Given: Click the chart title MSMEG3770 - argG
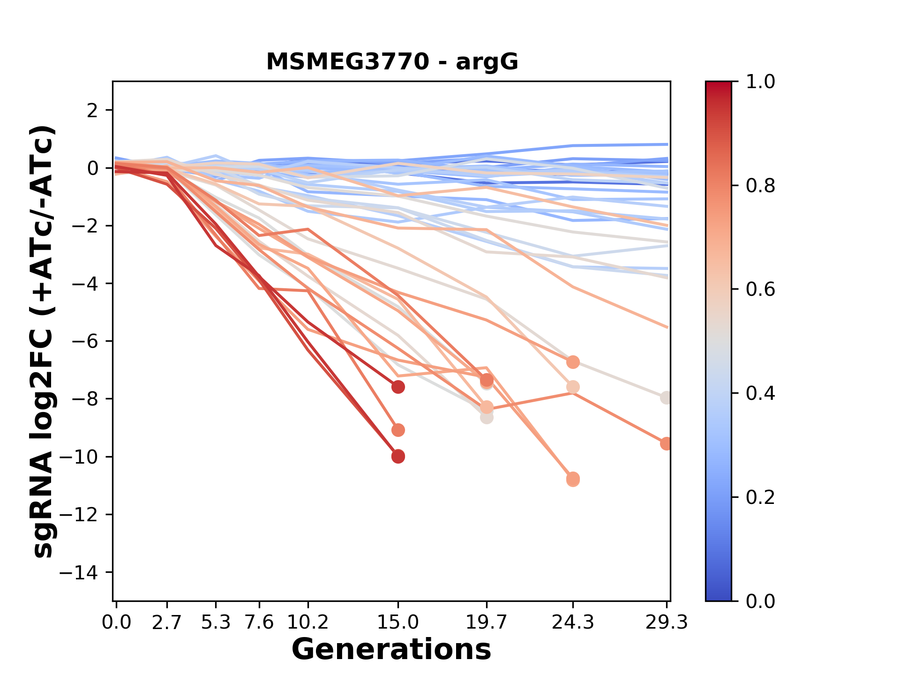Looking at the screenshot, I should [x=392, y=61].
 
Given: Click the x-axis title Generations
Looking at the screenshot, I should [x=391, y=650].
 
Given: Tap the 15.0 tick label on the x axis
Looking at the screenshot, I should [x=398, y=622].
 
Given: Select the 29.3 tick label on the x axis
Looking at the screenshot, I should [x=667, y=622].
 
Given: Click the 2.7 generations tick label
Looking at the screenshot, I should [x=167, y=622].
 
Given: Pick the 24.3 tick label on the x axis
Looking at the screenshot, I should [x=572, y=622].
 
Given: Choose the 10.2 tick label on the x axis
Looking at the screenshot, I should [x=307, y=622].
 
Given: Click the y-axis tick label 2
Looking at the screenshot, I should [x=93, y=111].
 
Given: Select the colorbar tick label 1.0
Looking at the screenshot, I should [x=760, y=82].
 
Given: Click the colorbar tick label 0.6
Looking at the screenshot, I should [x=760, y=290].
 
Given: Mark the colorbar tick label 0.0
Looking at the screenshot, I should [x=760, y=601].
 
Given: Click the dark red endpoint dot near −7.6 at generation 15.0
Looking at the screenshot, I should [x=398, y=387].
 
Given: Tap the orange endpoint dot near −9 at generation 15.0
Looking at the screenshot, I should [x=398, y=430].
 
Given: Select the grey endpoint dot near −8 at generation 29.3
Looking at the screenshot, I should [x=666, y=397].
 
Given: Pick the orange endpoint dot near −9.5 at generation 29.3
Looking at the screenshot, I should [x=666, y=443].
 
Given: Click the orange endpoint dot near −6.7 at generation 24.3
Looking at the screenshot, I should [x=573, y=362].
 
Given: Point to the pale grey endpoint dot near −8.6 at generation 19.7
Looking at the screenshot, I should [x=487, y=417].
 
